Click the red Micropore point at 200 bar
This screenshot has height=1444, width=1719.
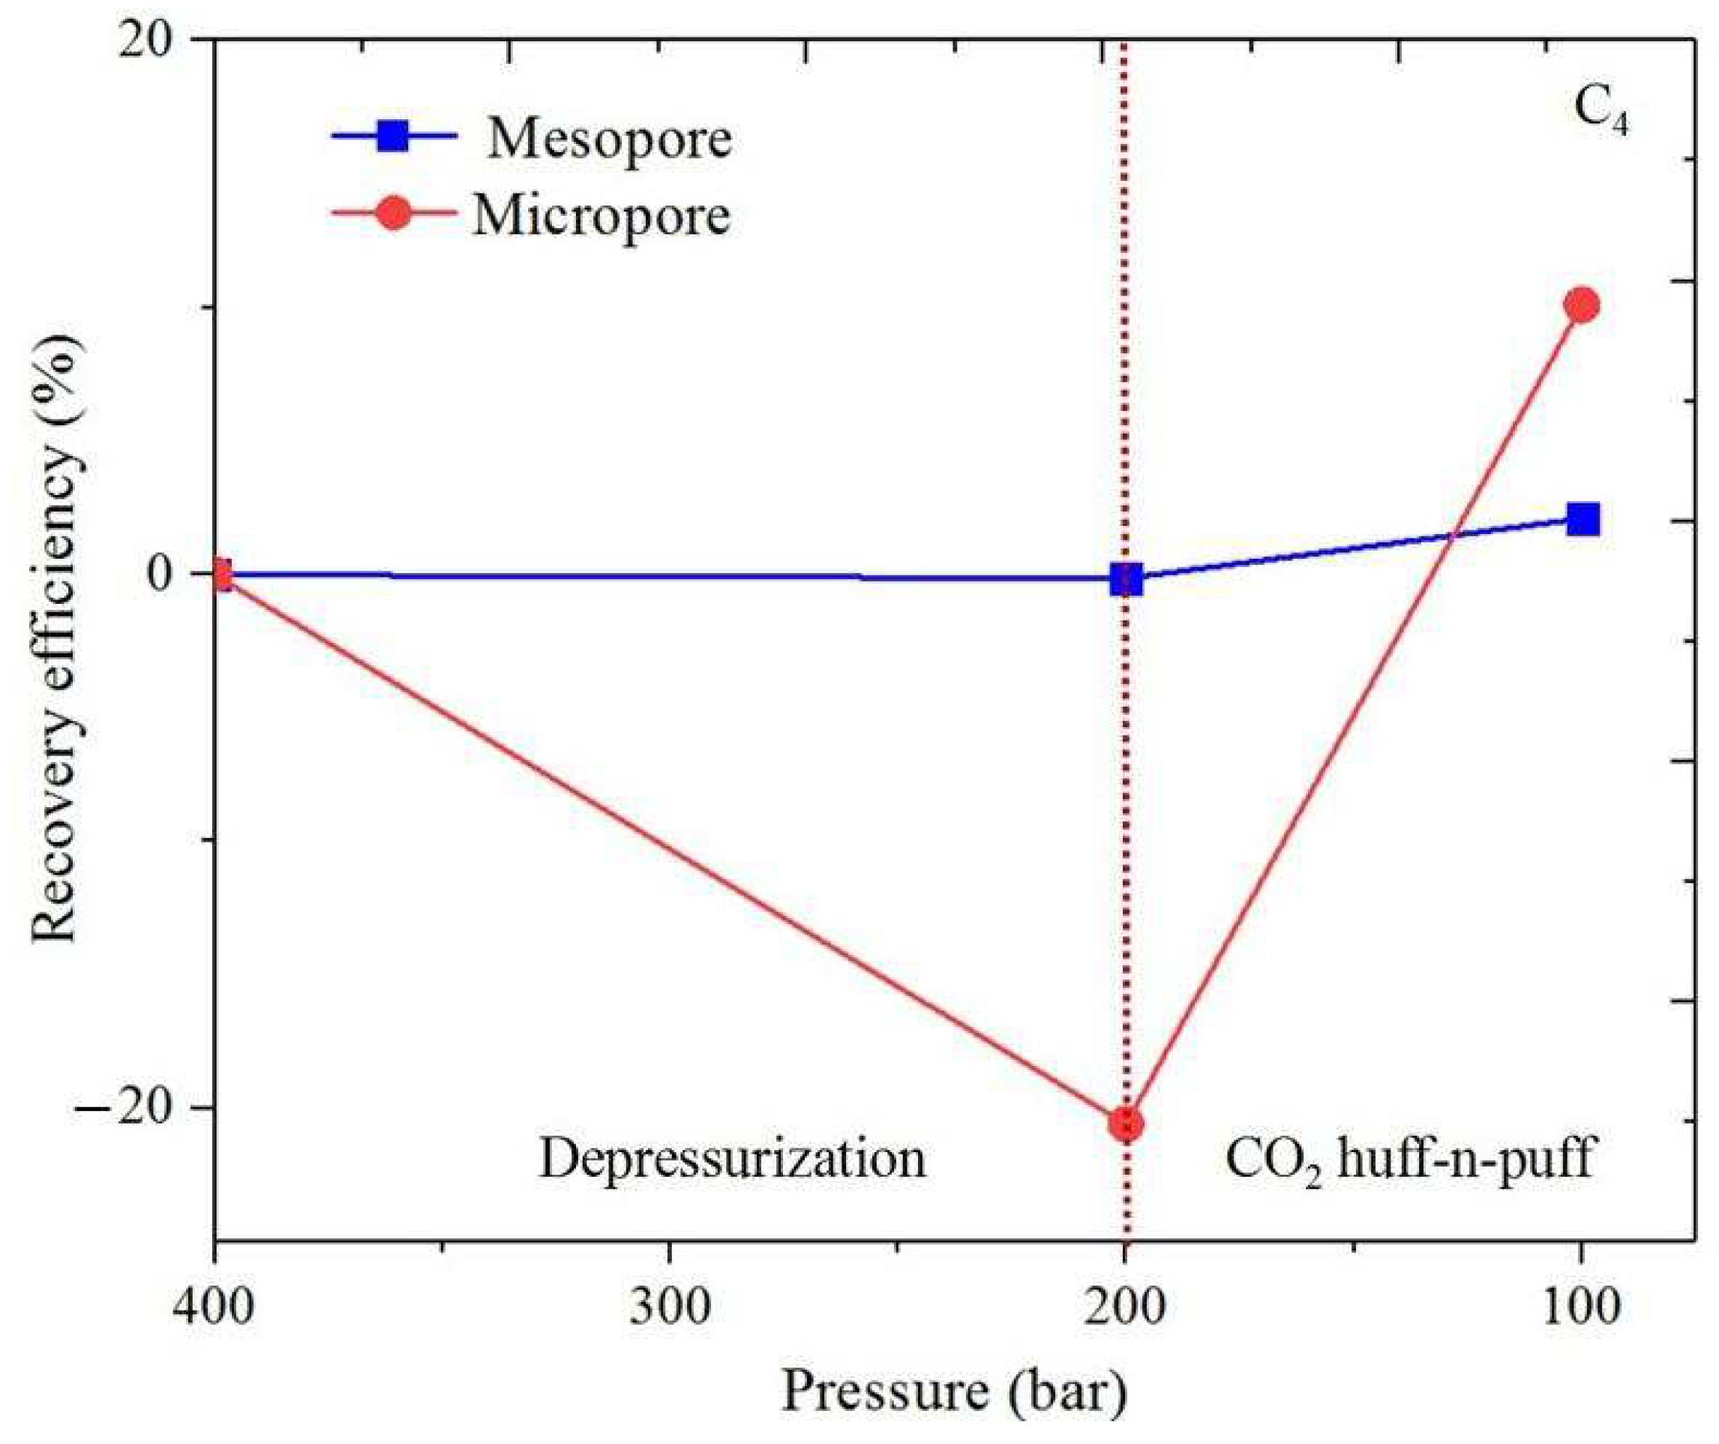pyautogui.click(x=1126, y=1124)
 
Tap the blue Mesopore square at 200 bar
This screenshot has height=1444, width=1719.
pyautogui.click(x=1126, y=579)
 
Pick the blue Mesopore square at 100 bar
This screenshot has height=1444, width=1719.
pyautogui.click(x=1583, y=519)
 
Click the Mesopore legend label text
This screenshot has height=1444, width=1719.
pyautogui.click(x=609, y=140)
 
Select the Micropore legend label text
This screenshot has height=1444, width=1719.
pyautogui.click(x=601, y=216)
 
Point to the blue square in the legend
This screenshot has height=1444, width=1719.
pyautogui.click(x=393, y=135)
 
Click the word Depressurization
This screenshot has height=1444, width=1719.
pyautogui.click(x=732, y=1159)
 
